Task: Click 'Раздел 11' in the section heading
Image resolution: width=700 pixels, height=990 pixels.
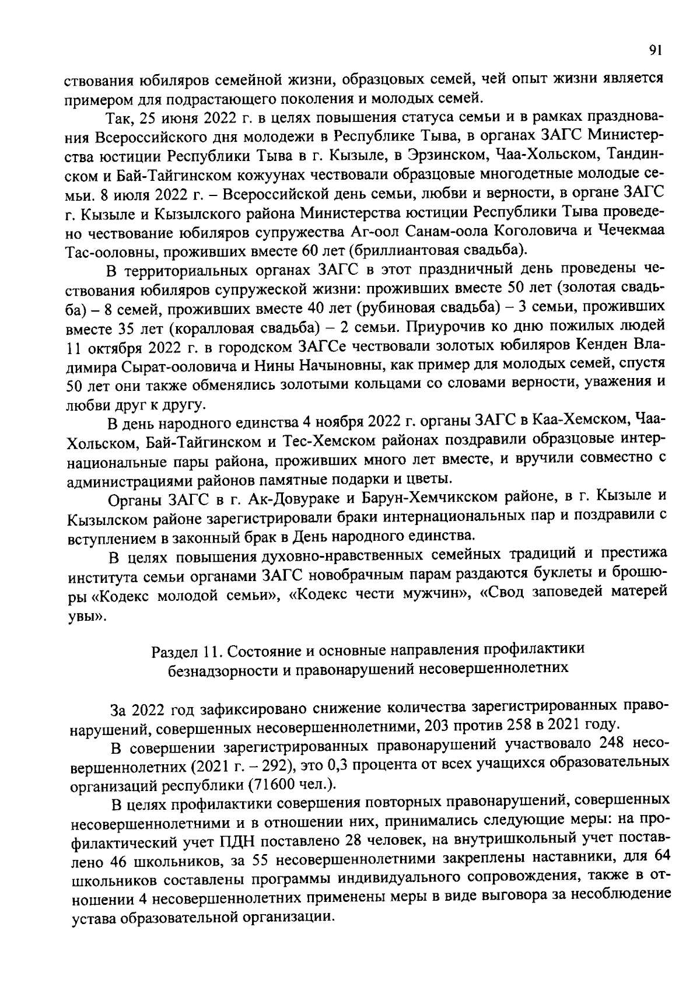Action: tap(184, 649)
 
